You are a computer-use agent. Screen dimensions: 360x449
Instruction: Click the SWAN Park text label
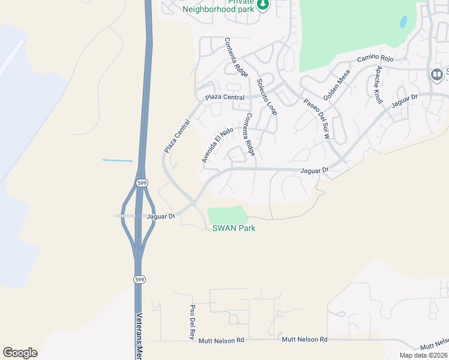234,228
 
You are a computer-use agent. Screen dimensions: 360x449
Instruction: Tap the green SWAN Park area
227,215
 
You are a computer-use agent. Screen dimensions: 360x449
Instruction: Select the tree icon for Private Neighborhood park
263,5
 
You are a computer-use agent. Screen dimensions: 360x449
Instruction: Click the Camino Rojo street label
375,58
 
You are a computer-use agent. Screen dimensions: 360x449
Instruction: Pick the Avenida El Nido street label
217,145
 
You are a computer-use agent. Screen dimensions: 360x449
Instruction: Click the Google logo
20,353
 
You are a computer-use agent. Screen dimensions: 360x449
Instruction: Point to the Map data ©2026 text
423,355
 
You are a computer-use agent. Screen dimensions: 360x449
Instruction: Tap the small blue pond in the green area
403,22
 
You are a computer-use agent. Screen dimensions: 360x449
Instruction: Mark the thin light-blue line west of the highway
118,160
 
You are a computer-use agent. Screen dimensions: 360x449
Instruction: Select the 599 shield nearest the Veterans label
139,280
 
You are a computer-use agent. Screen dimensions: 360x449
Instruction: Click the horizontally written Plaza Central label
225,97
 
